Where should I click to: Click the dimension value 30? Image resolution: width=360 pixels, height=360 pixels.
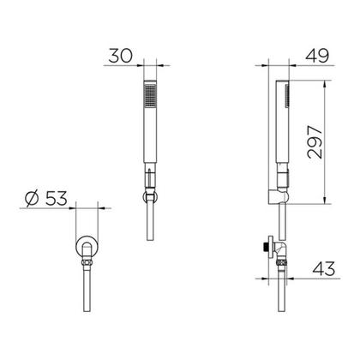[121, 56]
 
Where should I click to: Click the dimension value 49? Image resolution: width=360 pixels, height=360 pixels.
[317, 56]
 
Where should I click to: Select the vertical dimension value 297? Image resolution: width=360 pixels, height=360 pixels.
[315, 142]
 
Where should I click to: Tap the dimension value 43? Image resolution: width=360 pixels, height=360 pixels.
[323, 268]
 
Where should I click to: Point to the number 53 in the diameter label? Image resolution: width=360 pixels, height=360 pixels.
[57, 198]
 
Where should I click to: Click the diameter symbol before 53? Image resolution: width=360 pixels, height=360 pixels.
[32, 198]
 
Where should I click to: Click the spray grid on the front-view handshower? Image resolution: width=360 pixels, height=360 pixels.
[150, 96]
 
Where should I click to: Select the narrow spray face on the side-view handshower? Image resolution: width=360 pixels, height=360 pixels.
[288, 97]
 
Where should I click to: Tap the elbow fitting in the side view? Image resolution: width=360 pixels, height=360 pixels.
[281, 249]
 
